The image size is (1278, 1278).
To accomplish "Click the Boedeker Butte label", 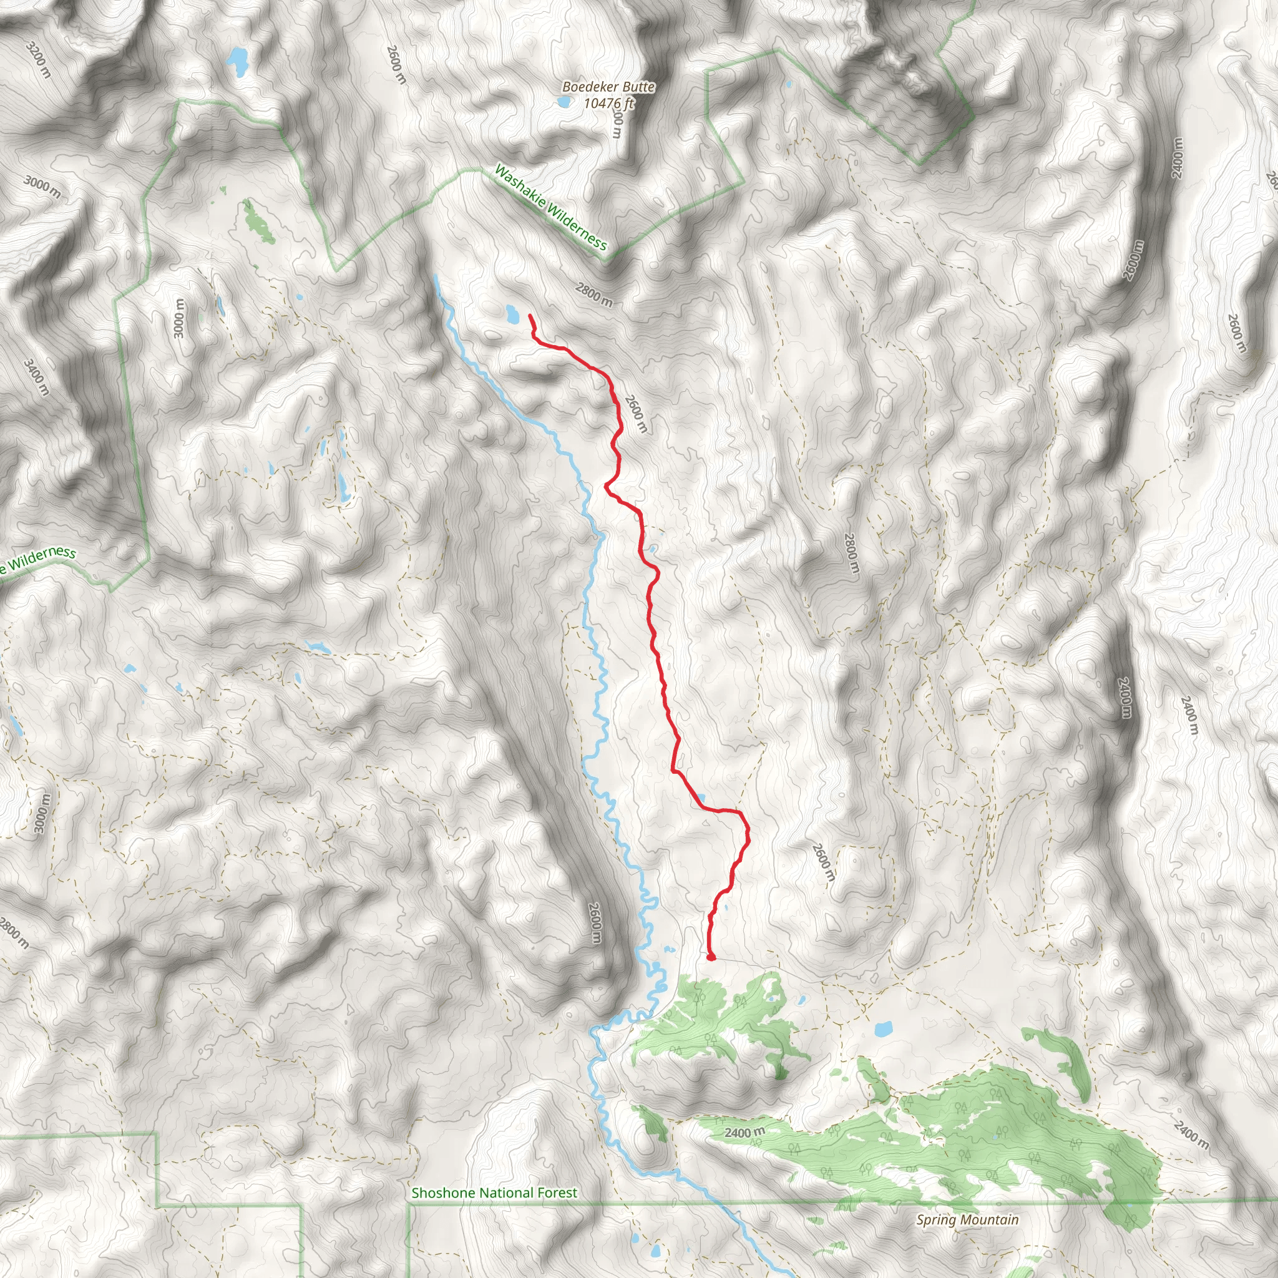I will (x=608, y=87).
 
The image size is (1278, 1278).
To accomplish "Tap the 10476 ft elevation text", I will (x=608, y=103).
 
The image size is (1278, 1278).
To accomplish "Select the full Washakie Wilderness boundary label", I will (x=550, y=208).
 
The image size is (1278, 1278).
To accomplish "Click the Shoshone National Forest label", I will (x=494, y=1193).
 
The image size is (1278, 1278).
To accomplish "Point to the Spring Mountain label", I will (x=967, y=1220).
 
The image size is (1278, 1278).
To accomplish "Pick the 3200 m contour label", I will (x=37, y=59).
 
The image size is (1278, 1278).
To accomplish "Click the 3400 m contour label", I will (x=36, y=376).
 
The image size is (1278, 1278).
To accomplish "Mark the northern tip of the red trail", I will (x=530, y=316).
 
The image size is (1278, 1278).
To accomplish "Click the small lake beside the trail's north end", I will (x=511, y=313).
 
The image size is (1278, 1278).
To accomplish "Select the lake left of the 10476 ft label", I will (x=563, y=102).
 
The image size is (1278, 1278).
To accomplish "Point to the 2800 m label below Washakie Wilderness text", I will (x=593, y=295).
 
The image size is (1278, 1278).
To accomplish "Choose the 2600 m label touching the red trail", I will (x=636, y=414).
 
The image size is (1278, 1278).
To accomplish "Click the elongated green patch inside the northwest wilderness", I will (x=258, y=221).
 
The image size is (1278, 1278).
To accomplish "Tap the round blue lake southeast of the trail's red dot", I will (x=882, y=1028).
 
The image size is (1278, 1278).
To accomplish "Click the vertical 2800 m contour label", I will (x=851, y=553).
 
